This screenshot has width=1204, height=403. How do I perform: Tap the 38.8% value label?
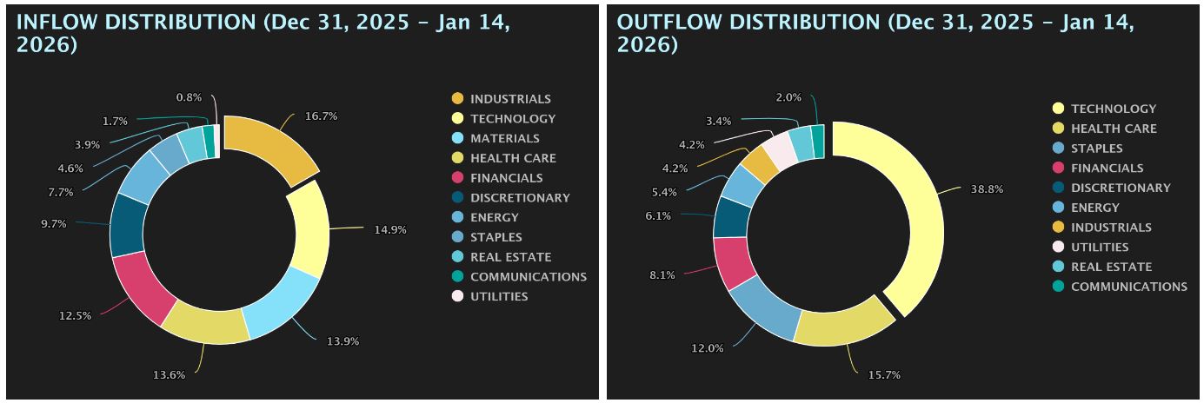[x=987, y=188]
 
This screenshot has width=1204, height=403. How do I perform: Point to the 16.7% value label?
[x=321, y=116]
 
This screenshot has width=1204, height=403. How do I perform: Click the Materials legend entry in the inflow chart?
[x=504, y=138]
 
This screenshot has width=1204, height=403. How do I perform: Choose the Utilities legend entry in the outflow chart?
[x=1100, y=247]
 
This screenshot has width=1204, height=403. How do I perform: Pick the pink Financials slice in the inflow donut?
[x=138, y=287]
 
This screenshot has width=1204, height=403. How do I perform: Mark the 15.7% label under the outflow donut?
[x=884, y=375]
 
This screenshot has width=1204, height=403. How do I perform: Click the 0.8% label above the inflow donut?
[x=189, y=97]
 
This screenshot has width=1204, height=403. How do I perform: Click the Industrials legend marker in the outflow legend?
[x=1058, y=227]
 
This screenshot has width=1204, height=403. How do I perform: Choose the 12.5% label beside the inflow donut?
[x=75, y=315]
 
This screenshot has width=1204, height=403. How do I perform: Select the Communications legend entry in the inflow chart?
[x=528, y=276]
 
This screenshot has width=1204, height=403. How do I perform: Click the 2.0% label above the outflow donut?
[x=788, y=97]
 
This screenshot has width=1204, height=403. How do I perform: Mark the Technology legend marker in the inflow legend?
[x=457, y=118]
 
